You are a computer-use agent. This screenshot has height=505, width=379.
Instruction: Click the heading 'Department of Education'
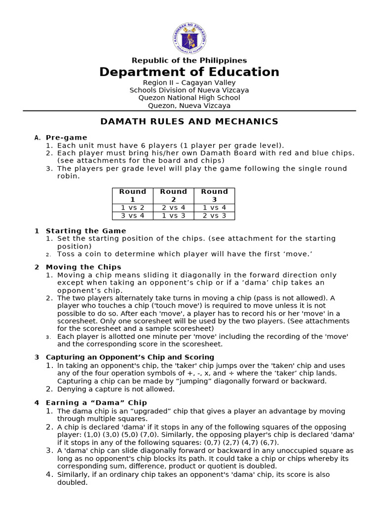[189, 72]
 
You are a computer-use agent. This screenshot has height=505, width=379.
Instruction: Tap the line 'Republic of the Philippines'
[189, 60]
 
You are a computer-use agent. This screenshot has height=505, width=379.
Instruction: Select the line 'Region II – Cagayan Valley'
[189, 83]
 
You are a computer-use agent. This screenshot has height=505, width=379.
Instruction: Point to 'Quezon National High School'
[189, 98]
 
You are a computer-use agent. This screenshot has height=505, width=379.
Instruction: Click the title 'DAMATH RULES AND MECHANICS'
[189, 121]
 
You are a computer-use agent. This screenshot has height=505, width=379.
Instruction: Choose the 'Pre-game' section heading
[66, 138]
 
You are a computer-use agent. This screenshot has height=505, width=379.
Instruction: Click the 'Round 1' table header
[133, 195]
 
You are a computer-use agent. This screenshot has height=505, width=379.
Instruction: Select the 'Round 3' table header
[214, 195]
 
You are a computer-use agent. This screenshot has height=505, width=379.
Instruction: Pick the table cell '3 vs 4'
[133, 216]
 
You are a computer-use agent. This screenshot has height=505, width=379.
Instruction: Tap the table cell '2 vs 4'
[174, 208]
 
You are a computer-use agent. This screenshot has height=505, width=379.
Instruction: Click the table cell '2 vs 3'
[214, 216]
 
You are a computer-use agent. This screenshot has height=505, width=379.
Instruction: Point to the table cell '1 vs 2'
[133, 208]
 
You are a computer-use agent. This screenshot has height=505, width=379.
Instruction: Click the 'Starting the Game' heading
[86, 231]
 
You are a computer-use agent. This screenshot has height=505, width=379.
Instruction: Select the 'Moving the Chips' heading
[83, 267]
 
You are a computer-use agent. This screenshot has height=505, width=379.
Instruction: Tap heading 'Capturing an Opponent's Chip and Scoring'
[130, 357]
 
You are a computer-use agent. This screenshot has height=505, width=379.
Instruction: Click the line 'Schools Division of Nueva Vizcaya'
[189, 90]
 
